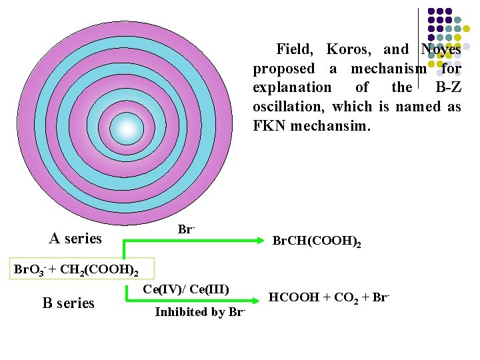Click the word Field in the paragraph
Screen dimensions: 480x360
(293, 49)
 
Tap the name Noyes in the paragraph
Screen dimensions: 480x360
(441, 49)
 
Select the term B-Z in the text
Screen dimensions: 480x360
(447, 87)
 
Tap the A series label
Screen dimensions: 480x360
(75, 238)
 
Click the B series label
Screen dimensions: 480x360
(68, 303)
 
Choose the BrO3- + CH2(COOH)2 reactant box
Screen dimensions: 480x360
(77, 270)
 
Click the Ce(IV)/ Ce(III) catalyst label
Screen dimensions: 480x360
(186, 289)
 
